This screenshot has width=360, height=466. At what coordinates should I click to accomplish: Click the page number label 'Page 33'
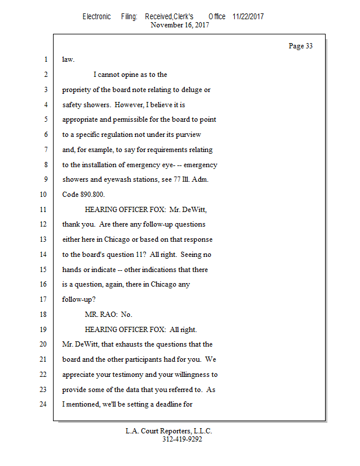pyautogui.click(x=301, y=47)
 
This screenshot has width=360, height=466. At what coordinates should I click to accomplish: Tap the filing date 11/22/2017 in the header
pyautogui.click(x=248, y=17)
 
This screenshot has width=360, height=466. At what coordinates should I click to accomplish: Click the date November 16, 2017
pyautogui.click(x=180, y=25)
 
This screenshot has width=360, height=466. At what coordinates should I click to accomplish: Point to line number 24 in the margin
pyautogui.click(x=45, y=404)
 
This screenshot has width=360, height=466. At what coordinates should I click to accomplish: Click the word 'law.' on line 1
pyautogui.click(x=69, y=59)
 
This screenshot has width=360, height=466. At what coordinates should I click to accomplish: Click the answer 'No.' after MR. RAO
pyautogui.click(x=126, y=315)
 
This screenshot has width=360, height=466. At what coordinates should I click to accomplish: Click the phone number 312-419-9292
pyautogui.click(x=182, y=440)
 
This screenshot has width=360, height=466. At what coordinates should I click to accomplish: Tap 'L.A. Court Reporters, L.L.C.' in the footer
pyautogui.click(x=169, y=432)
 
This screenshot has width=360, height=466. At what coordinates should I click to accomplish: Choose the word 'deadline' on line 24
pyautogui.click(x=167, y=404)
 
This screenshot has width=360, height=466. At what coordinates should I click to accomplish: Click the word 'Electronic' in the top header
pyautogui.click(x=97, y=17)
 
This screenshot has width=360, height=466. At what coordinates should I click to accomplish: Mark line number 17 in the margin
pyautogui.click(x=45, y=299)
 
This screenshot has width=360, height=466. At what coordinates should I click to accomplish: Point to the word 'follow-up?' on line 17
pyautogui.click(x=79, y=299)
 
